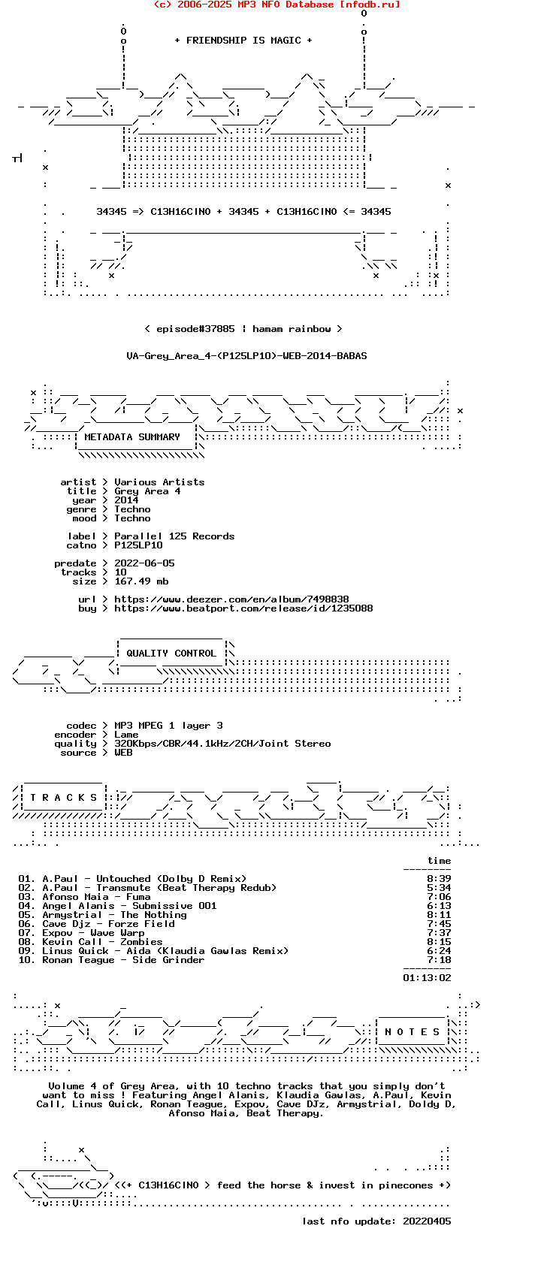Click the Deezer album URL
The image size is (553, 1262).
pyautogui.click(x=231, y=599)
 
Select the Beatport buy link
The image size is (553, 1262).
pyautogui.click(x=243, y=608)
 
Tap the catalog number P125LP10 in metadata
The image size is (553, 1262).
pyautogui.click(x=138, y=545)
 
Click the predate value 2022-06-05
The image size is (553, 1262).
pyautogui.click(x=144, y=563)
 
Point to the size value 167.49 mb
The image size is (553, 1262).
pyautogui.click(x=141, y=581)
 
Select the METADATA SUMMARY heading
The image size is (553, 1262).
pyautogui.click(x=132, y=437)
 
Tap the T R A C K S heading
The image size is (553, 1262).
pyautogui.click(x=64, y=798)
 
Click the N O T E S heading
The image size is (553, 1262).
pyautogui.click(x=412, y=1032)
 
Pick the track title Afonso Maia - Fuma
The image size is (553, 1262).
pyautogui.click(x=96, y=897)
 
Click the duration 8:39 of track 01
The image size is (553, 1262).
pyautogui.click(x=439, y=879)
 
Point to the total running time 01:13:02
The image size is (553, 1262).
pyautogui.click(x=427, y=978)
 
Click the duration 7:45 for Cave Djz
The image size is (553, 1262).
pyautogui.click(x=439, y=924)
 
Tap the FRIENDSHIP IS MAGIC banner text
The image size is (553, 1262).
pyautogui.click(x=243, y=41)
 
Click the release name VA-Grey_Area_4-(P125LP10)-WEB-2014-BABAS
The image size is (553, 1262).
pyautogui.click(x=246, y=356)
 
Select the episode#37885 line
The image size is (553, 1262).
pyautogui.click(x=243, y=329)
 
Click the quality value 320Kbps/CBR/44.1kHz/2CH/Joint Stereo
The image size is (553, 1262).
pyautogui.click(x=222, y=744)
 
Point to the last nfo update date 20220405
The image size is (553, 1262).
pyautogui.click(x=427, y=1221)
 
